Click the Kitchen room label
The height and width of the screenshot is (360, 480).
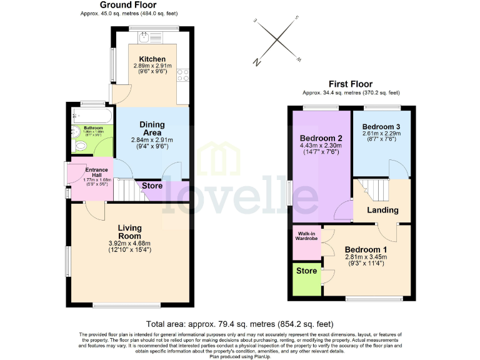152,59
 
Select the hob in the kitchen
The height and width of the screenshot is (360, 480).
184,76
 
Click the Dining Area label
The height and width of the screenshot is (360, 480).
152,128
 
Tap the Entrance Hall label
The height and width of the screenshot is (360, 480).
97,170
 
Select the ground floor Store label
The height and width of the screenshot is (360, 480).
152,186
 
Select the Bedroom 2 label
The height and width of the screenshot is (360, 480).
321,138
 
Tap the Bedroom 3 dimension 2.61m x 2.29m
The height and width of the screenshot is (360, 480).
381,133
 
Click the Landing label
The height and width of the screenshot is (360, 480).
382,210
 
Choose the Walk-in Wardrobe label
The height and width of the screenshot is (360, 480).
306,236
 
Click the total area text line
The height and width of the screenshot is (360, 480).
240,324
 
